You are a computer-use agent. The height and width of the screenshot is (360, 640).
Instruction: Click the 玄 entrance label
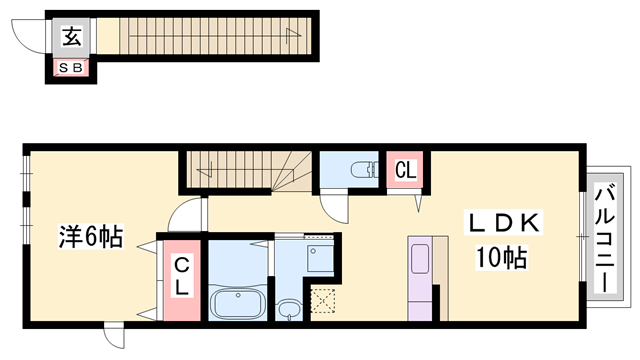coord(72,36)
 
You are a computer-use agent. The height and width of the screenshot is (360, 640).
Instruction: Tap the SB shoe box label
coord(71,68)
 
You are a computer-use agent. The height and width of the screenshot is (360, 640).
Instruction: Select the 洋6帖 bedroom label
coord(91,236)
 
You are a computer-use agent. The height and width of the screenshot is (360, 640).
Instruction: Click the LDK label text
coord(503,223)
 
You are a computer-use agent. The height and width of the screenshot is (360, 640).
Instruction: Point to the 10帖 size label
coord(502,257)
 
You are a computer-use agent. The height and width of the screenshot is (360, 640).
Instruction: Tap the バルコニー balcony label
coord(604,239)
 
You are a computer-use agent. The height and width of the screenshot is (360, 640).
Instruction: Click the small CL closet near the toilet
coord(405,170)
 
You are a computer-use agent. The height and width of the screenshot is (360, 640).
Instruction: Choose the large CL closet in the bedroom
coord(182,280)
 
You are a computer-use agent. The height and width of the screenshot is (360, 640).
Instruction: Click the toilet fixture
coord(364,169)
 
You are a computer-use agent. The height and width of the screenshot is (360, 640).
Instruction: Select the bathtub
coord(238,303)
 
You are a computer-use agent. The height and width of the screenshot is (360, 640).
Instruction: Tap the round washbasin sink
coord(289,310)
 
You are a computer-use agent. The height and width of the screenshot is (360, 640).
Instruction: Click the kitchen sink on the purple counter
coord(420,259)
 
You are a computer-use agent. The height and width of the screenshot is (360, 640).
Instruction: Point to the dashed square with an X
coord(323,301)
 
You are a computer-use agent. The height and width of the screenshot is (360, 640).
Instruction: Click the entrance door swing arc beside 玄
coord(29,37)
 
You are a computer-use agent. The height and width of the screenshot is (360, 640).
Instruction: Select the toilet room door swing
coord(334,208)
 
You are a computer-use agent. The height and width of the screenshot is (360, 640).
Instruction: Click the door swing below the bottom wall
coord(114,336)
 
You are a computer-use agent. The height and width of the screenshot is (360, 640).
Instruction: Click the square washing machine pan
coord(320,258)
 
